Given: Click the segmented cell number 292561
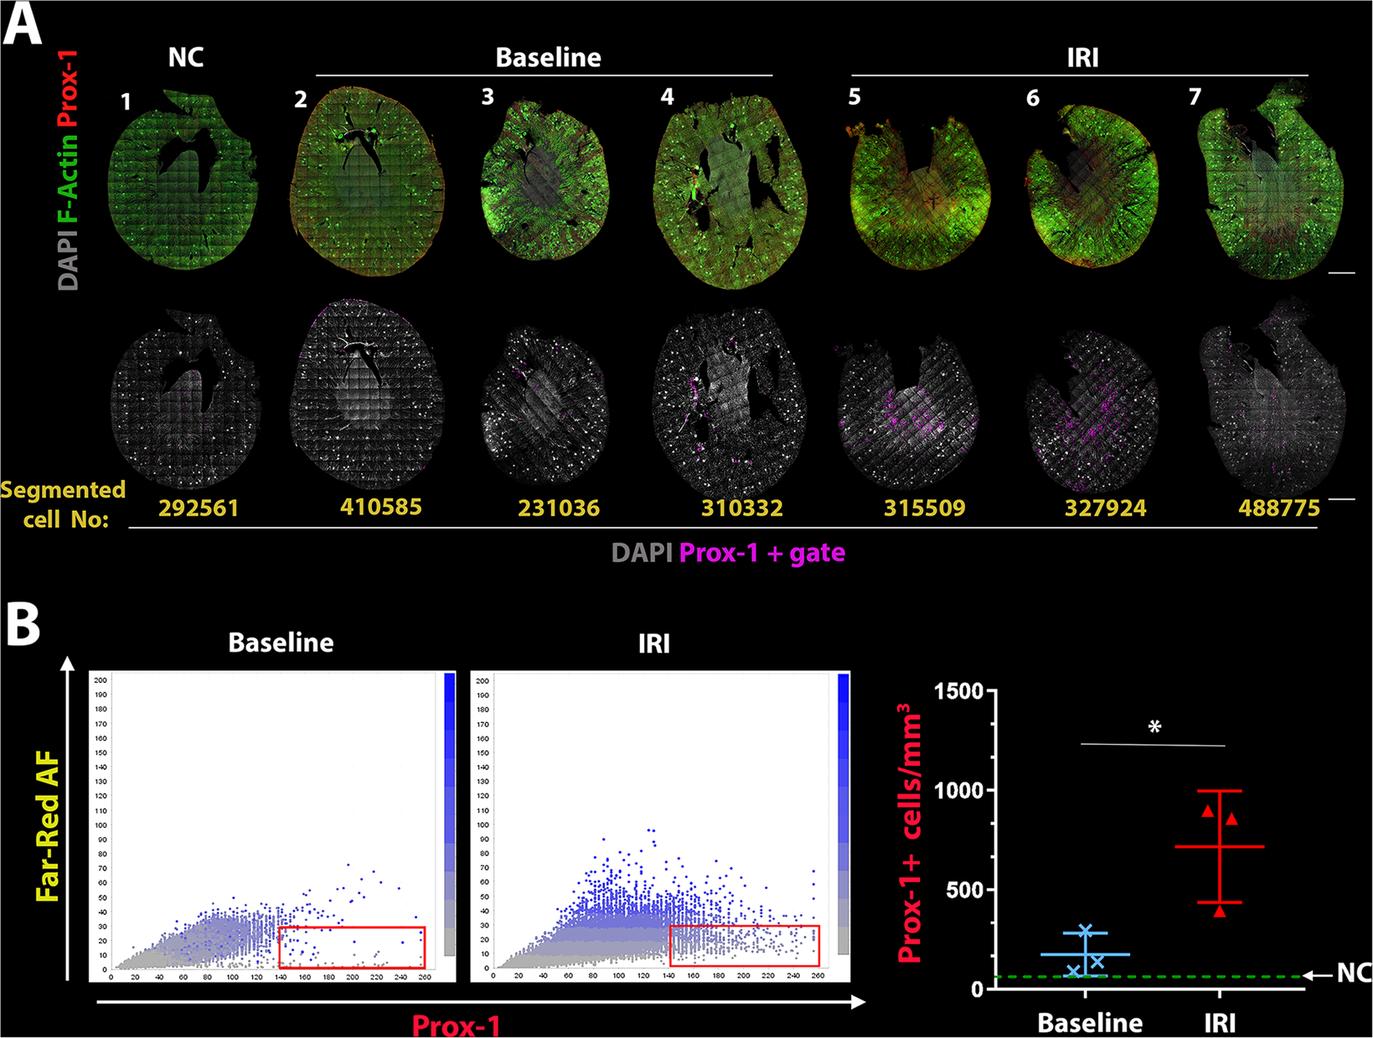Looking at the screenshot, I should coord(199,508).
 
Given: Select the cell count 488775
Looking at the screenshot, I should coord(1278,508).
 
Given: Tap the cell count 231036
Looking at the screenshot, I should coord(559,508).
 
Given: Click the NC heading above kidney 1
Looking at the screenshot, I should coord(186,57).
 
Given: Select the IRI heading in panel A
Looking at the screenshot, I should coord(1082,57).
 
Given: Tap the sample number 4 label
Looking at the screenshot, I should coord(667,97).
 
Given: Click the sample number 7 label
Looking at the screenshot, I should coord(1195,97).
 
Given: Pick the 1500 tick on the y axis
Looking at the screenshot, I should coord(959,692).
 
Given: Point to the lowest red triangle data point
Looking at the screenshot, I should coord(1220,911).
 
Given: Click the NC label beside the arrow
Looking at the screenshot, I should coord(1353,973).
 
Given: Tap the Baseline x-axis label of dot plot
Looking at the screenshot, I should coord(1090,1022).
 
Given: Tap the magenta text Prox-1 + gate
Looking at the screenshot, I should coord(761,553).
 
